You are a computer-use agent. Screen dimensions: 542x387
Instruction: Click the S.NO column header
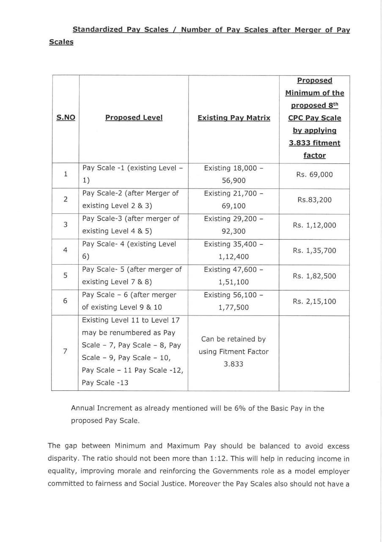pos(66,118)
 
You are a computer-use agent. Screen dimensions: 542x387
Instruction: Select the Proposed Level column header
pos(134,118)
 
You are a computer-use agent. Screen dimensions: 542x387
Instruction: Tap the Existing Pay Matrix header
pos(233,118)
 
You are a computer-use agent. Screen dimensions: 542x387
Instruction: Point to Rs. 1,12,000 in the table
pos(314,225)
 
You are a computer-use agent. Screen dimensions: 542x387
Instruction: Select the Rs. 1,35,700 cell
pos(314,251)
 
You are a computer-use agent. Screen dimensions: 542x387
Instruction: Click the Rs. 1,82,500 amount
pos(314,276)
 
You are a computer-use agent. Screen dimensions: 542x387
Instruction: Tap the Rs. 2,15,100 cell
pos(314,301)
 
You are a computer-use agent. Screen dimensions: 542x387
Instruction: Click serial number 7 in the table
pos(65,351)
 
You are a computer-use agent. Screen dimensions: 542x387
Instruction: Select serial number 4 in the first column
pos(65,250)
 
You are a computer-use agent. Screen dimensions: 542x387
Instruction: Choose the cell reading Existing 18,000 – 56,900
pos(233,174)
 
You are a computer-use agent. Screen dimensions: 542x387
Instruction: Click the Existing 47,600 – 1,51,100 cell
pos(233,276)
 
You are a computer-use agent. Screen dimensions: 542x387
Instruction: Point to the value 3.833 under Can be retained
pos(233,364)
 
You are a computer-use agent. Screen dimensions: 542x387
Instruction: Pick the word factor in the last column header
pos(314,155)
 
